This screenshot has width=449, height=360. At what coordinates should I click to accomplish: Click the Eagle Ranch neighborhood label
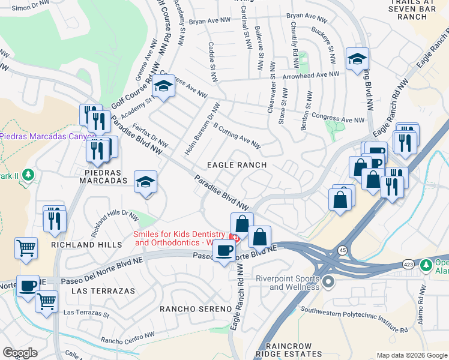[x=237, y=164]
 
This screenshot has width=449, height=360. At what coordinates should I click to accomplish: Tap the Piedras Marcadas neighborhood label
[x=97, y=180]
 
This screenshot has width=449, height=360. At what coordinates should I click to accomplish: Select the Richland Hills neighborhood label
[x=81, y=245]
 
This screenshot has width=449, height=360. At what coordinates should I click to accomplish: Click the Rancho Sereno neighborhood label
[x=196, y=308]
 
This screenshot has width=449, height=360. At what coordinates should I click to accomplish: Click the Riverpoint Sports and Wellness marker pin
[x=328, y=281]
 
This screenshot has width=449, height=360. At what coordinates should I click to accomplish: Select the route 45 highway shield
[x=342, y=248]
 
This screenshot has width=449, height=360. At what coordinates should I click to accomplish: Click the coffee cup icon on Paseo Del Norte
[x=224, y=250]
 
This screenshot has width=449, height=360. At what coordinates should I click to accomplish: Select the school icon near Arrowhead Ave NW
[x=357, y=59]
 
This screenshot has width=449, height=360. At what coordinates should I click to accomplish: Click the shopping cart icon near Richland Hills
[x=26, y=247]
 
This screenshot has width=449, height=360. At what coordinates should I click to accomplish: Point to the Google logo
[x=20, y=353]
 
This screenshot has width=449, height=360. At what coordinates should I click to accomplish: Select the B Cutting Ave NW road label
[x=237, y=135]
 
